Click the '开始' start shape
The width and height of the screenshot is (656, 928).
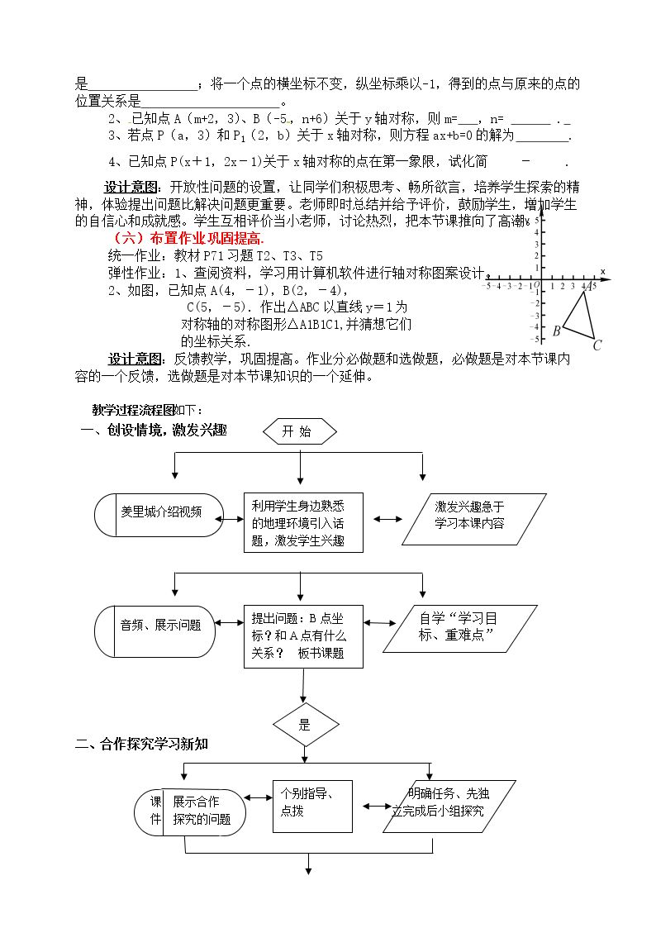tap(300, 431)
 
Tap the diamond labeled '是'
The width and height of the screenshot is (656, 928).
tap(305, 725)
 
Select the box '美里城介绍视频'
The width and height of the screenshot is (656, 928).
tap(159, 515)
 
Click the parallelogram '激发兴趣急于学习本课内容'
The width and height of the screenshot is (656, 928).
tap(473, 519)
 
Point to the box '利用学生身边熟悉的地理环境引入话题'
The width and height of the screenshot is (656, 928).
tap(303, 522)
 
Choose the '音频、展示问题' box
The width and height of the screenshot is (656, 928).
tap(155, 631)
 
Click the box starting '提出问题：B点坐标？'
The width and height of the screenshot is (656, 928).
tap(303, 637)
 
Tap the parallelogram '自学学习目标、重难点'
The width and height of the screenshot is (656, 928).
tap(460, 629)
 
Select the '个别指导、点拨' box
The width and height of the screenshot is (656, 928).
tap(312, 807)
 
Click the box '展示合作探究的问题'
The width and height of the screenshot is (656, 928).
tap(190, 812)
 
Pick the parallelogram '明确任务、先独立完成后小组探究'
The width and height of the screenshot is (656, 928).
tap(449, 807)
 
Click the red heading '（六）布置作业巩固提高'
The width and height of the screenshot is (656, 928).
tap(188, 239)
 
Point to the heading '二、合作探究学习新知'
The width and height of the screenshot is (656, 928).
tap(141, 744)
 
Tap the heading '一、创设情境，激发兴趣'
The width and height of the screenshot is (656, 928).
tap(153, 431)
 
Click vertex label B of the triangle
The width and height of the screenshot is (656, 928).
tap(556, 331)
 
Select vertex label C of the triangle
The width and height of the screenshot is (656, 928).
tap(597, 345)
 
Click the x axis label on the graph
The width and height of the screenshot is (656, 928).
tap(603, 272)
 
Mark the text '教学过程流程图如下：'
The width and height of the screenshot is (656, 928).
tap(147, 410)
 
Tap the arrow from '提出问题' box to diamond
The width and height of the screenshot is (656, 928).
tap(303, 686)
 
